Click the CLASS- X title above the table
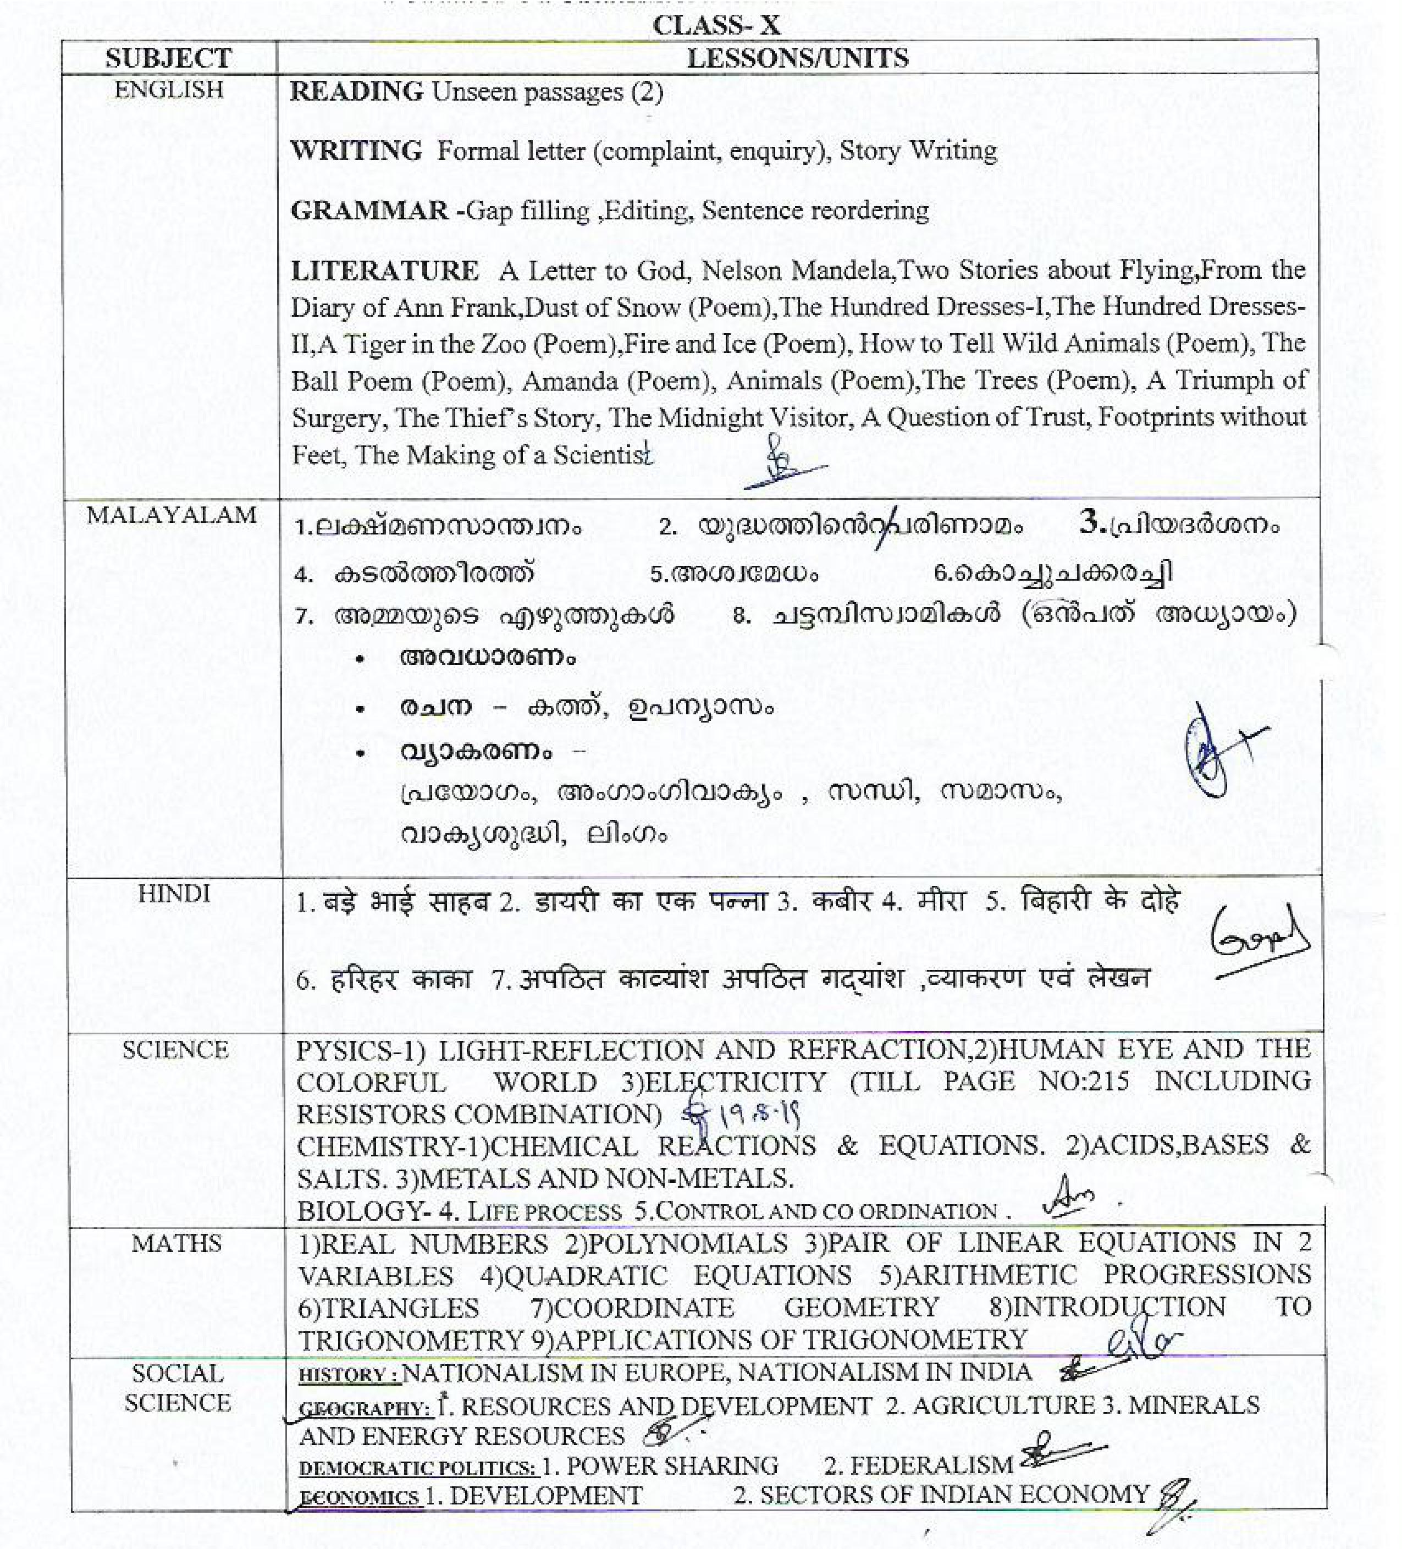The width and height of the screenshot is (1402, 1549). [x=716, y=25]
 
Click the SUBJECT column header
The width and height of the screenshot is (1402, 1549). [x=168, y=58]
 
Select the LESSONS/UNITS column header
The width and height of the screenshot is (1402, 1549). [x=797, y=58]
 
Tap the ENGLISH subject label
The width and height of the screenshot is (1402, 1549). [x=169, y=90]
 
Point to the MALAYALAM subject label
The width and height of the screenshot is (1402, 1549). [x=172, y=515]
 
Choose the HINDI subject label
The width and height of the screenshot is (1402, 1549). [x=174, y=894]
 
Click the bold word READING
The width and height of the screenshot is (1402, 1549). [x=356, y=91]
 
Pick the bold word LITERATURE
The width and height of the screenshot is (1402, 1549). [x=384, y=271]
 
